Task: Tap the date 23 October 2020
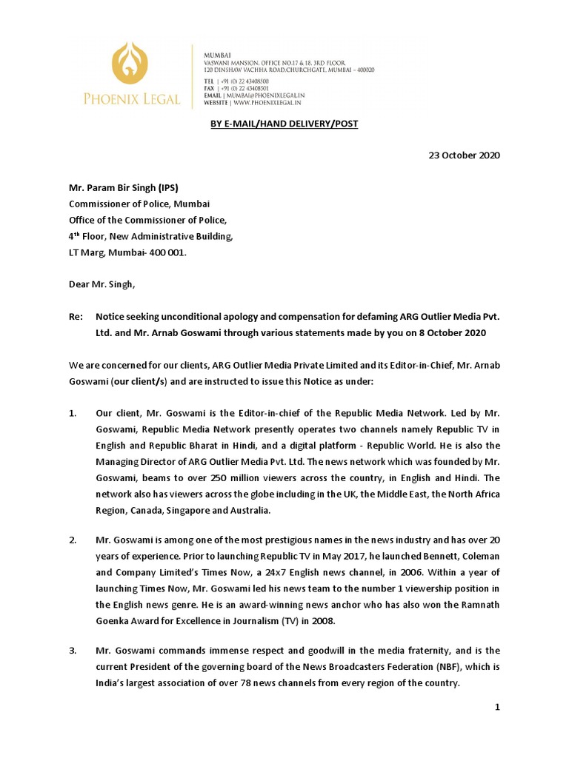[465, 155]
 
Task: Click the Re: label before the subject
[76, 316]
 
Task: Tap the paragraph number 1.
[73, 412]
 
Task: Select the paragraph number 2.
[73, 541]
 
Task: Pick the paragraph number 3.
[73, 651]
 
